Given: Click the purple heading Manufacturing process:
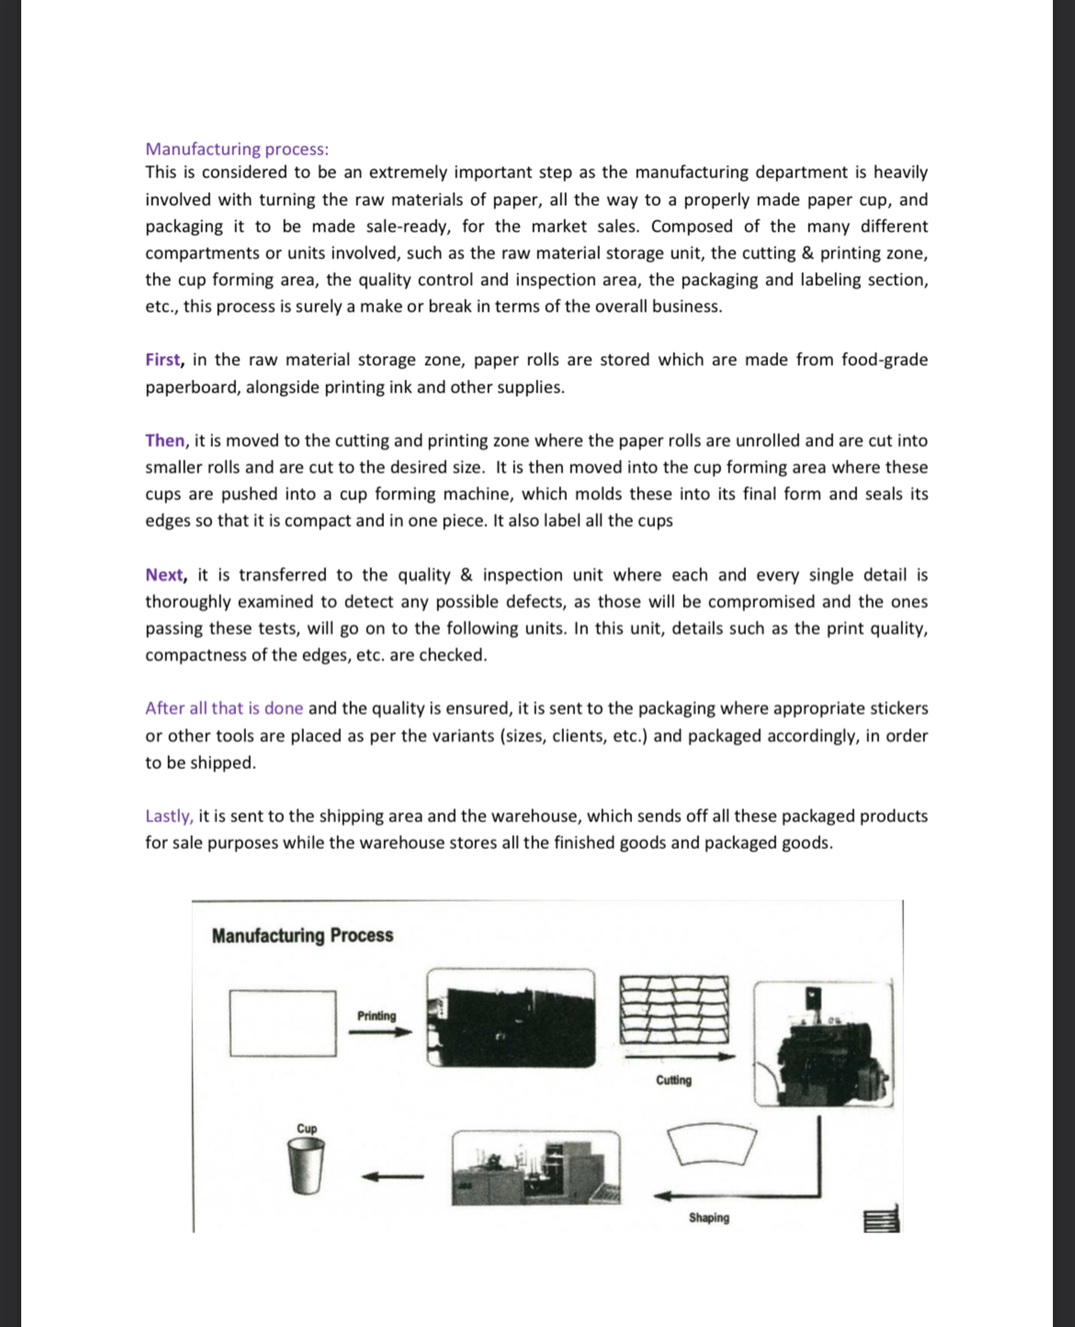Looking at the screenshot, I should pyautogui.click(x=236, y=149).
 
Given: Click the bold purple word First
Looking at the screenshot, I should pyautogui.click(x=163, y=359).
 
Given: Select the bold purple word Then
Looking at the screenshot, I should pyautogui.click(x=164, y=440).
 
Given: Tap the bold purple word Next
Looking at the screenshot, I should pyautogui.click(x=164, y=574).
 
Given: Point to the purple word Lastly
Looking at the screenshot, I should pyautogui.click(x=168, y=816).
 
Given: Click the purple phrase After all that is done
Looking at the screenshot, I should pyautogui.click(x=223, y=709).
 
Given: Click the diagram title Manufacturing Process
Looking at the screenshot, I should pyautogui.click(x=302, y=936).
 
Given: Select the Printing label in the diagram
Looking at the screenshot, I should pyautogui.click(x=377, y=1015).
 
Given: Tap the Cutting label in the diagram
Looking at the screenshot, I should pyautogui.click(x=673, y=1080).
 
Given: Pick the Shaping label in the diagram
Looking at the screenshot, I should pyautogui.click(x=708, y=1218).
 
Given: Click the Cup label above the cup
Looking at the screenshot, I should pyautogui.click(x=307, y=1129).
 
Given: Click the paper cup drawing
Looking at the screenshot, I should pyautogui.click(x=307, y=1167).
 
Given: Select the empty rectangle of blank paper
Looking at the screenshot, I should pyautogui.click(x=283, y=1022).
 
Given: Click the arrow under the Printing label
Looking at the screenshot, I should pyautogui.click(x=379, y=1032).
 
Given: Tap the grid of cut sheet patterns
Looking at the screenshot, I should pyautogui.click(x=674, y=1008).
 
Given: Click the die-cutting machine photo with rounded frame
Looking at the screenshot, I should pyautogui.click(x=822, y=1043).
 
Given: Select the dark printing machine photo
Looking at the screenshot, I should pyautogui.click(x=511, y=1018).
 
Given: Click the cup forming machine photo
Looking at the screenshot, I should pyautogui.click(x=536, y=1168).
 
